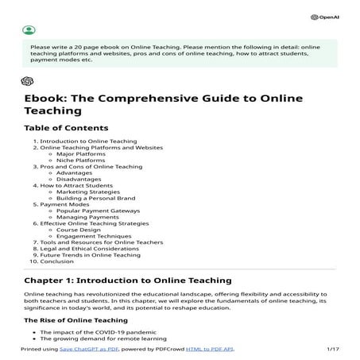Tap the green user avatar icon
(29, 30)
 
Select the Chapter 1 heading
(127, 281)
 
